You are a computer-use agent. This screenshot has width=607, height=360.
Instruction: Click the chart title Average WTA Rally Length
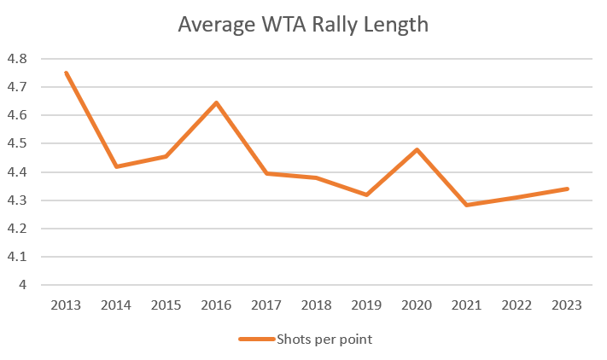point(303,25)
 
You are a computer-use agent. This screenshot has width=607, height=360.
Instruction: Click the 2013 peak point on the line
point(66,73)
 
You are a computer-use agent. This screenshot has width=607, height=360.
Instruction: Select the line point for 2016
point(216,102)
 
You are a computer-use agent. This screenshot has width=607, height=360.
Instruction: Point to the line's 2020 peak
point(417,150)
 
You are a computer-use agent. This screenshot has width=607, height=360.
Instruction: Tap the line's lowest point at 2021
point(467,205)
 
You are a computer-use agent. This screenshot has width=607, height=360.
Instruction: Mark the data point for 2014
point(116,166)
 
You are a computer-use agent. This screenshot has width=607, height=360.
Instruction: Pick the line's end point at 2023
point(567,189)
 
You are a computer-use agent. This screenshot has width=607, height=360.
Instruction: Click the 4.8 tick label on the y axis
point(17,59)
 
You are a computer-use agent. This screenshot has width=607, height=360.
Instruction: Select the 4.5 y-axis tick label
point(17,143)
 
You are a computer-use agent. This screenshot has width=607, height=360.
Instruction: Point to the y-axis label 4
point(23,285)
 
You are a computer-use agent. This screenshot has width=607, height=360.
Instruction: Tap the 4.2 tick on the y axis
point(17,229)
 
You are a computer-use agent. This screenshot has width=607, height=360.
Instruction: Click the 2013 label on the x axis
point(66,305)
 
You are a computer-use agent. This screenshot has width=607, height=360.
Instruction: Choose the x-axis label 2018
point(316,305)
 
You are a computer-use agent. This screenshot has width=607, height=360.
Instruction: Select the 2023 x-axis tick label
point(567,305)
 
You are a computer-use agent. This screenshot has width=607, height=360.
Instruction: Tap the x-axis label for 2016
point(216,305)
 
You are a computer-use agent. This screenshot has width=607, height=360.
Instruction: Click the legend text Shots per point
point(324,340)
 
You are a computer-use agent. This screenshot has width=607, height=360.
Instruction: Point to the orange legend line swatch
point(255,340)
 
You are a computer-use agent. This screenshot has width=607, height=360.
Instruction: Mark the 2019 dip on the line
point(366,195)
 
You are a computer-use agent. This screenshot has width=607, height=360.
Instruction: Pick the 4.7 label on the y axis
point(17,87)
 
